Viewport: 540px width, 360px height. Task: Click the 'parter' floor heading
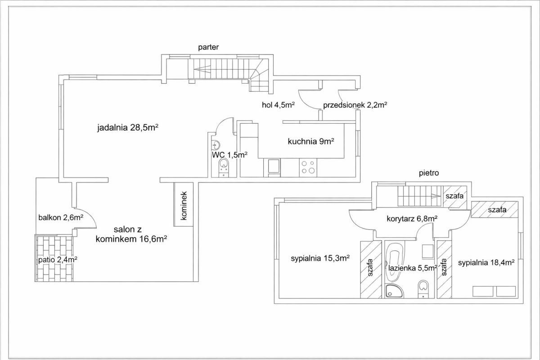coord(208,47)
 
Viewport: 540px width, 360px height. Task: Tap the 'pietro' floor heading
coord(428,173)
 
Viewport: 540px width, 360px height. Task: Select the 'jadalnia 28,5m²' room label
coord(128,127)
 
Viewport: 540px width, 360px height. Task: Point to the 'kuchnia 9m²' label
coord(311,141)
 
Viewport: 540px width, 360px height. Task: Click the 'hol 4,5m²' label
coord(279,105)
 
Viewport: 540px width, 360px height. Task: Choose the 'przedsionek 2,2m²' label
coord(355,105)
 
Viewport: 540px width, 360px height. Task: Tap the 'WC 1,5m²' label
coord(230,155)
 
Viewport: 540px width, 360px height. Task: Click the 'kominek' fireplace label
coord(184,206)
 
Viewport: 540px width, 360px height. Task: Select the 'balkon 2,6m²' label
coord(61,217)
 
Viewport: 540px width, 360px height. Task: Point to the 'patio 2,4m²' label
coord(58,260)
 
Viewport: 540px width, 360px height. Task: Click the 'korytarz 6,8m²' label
coord(412,219)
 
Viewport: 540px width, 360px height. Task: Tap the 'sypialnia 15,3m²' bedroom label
coord(320,258)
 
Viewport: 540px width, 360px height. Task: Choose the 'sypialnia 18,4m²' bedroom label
coord(486,263)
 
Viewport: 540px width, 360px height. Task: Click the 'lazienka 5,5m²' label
coord(413,268)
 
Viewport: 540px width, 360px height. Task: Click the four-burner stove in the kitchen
coord(308,167)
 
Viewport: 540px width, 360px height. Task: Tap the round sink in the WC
coord(216,145)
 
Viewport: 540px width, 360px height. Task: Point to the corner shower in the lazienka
coord(394,291)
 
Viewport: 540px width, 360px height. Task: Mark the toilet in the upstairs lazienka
coord(423,289)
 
